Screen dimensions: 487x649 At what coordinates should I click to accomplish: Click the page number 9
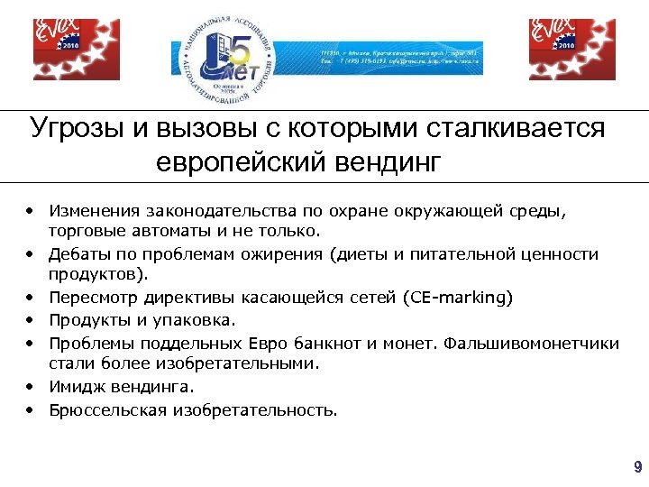click(638, 467)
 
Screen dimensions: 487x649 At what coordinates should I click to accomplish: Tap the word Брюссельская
click(102, 410)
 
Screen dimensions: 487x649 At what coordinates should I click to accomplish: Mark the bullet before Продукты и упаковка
click(31, 320)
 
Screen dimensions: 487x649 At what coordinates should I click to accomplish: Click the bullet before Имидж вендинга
click(31, 387)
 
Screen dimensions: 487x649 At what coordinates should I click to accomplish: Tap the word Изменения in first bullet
click(91, 211)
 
